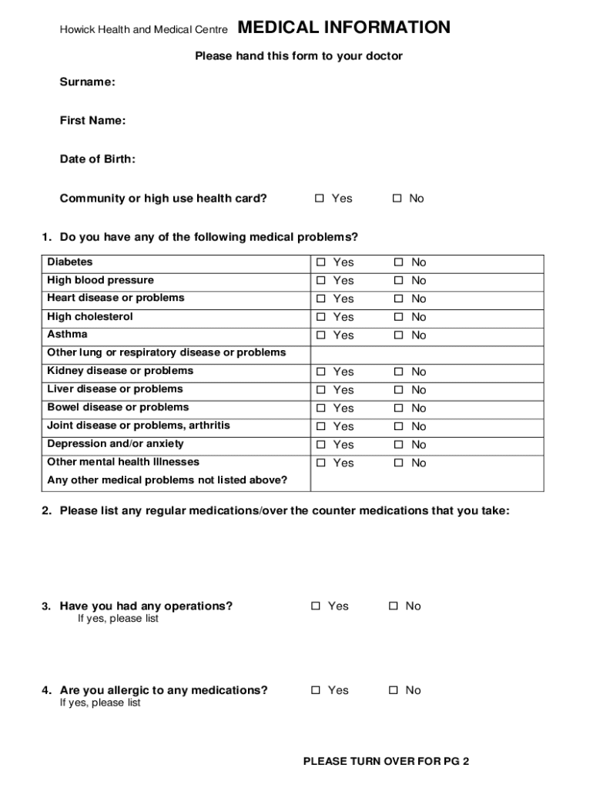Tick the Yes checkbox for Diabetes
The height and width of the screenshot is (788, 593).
[x=320, y=262]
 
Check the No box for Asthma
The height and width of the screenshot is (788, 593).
[x=399, y=336]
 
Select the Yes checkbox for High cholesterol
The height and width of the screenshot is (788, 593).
[x=320, y=317]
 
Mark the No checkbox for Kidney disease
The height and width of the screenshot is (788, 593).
[x=399, y=372]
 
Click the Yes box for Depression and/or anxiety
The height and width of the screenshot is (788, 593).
[x=320, y=445]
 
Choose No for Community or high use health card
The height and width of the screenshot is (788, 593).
[x=397, y=199]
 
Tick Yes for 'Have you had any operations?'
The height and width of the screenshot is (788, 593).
[x=316, y=606]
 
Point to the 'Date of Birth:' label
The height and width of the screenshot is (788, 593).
[x=98, y=159]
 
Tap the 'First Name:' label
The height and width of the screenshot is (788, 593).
[x=93, y=120]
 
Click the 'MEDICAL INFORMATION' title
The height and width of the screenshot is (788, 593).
[x=344, y=28]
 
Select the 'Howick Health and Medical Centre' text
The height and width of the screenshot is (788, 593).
[x=144, y=30]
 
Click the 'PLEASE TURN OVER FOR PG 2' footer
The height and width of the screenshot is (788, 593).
[x=386, y=762]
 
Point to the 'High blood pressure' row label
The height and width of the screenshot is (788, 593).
[x=100, y=280]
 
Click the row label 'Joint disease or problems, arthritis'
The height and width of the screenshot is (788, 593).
[x=139, y=426]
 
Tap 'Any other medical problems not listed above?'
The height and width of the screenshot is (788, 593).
[x=167, y=480]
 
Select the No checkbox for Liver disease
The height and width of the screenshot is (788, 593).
[x=399, y=390]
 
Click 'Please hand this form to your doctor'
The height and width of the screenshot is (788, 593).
[x=299, y=56]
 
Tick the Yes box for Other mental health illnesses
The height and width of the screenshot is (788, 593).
[x=320, y=463]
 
